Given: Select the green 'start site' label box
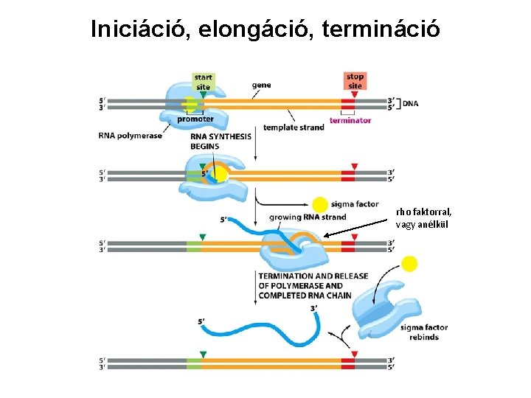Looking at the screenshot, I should click(203, 81).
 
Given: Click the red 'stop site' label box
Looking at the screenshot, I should click(355, 80).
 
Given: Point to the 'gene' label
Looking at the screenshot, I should click(261, 85).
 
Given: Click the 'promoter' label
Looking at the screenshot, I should click(195, 119).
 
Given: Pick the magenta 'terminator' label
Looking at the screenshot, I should click(350, 120).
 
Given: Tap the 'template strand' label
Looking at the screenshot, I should click(294, 128).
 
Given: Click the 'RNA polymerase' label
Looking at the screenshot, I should click(130, 136).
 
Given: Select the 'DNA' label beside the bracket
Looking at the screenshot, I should click(411, 103).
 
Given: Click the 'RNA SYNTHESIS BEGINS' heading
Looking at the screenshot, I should click(221, 141).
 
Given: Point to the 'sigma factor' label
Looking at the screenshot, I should click(355, 204).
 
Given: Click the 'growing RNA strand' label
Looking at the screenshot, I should click(308, 217).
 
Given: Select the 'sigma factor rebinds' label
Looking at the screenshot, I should click(420, 332).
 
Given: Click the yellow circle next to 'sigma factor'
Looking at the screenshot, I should click(320, 205).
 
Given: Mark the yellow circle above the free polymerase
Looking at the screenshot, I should click(409, 264).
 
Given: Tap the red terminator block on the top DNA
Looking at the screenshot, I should click(348, 103).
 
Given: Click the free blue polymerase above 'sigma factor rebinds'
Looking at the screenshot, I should click(383, 309).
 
